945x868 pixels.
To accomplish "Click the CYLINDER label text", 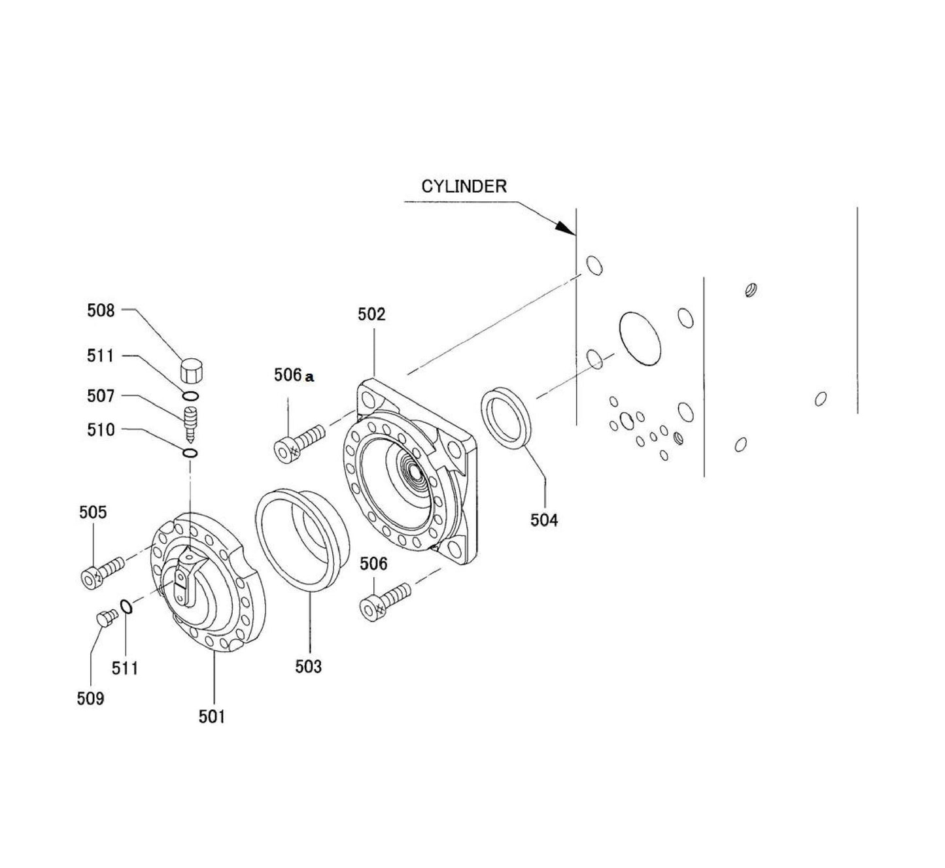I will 463,186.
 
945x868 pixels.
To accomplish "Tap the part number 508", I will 101,310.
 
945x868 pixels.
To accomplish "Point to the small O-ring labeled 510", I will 190,453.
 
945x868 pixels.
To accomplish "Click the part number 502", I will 371,314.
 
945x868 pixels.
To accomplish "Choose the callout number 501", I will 212,717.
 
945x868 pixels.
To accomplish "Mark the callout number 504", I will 544,520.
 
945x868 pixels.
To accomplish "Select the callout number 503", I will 308,667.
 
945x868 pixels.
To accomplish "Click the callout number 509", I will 90,699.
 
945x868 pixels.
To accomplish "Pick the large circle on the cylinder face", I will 640,338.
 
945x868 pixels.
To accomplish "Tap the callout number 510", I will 101,430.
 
